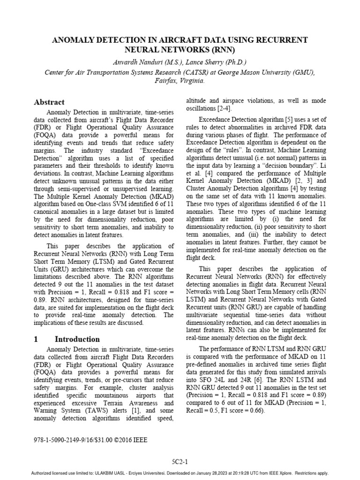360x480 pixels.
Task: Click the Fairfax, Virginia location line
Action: pos(180,81)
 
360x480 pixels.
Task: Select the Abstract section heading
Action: pos(49,102)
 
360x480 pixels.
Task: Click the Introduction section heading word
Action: pos(77,339)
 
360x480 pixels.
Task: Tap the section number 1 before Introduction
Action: pos(36,339)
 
